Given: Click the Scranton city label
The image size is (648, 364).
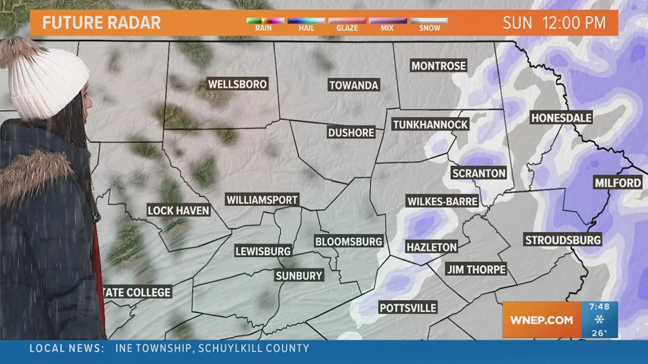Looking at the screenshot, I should coord(479,173).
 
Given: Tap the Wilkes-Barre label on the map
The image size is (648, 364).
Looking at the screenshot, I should coord(442,202).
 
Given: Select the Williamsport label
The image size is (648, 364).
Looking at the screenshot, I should coord(262,200).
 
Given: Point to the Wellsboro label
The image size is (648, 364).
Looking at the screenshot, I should coord(238,84).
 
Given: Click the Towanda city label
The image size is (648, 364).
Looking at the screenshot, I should coord(354,85).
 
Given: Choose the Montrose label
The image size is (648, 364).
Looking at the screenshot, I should coord(438,66).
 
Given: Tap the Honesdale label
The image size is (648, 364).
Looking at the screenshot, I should coord(562,118).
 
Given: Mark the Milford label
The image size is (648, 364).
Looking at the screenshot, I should coord(618,183).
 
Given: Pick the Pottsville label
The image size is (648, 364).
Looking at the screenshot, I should coord(408,308).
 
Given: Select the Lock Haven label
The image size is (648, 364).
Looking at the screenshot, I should coord(178,210).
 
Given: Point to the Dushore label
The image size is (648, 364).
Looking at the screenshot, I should coord(351,132).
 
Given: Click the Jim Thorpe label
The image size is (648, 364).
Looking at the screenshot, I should coord(476,269).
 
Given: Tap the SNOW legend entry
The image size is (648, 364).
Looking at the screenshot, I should coord(429,24).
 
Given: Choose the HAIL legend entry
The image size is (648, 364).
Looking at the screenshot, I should coord(306,24).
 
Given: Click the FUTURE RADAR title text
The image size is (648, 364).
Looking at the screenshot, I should coord(102,23).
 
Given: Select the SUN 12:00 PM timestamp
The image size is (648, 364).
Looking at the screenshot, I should coord(554,23).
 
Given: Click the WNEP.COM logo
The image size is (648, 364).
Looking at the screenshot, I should coord(541,320).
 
